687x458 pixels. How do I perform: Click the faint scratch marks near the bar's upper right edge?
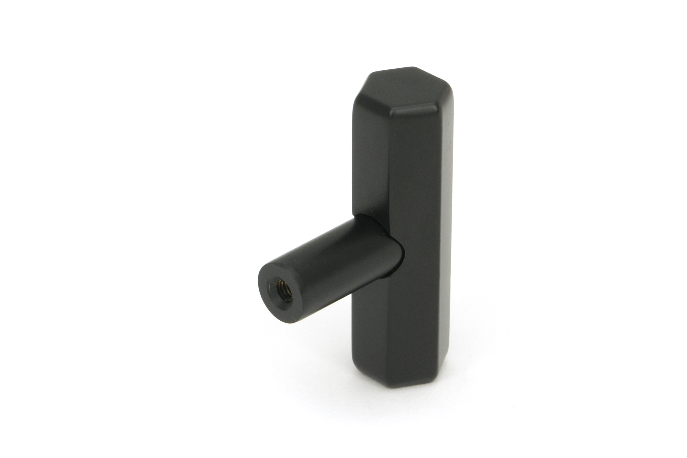pos(447,137)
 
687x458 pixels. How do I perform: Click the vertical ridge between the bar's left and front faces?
pos(390,172)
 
